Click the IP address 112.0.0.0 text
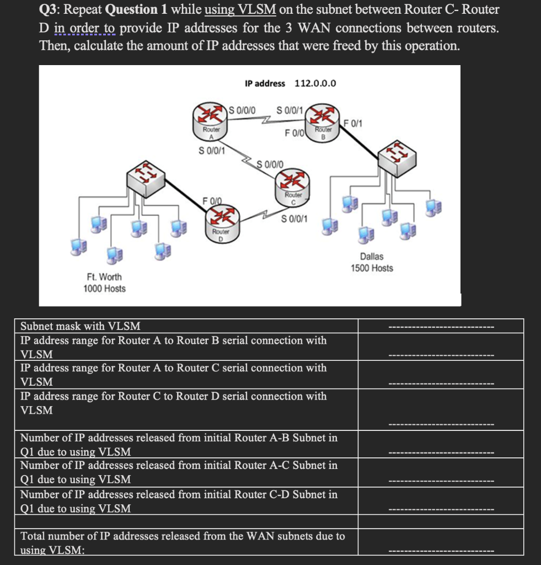coord(290,83)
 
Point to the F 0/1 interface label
coord(353,122)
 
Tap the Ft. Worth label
coord(104,276)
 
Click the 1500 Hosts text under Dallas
coord(372,268)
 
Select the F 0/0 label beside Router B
coord(294,133)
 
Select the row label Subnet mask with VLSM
coord(80,326)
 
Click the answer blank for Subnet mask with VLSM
coord(441,327)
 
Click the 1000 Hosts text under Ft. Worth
coord(104,289)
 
